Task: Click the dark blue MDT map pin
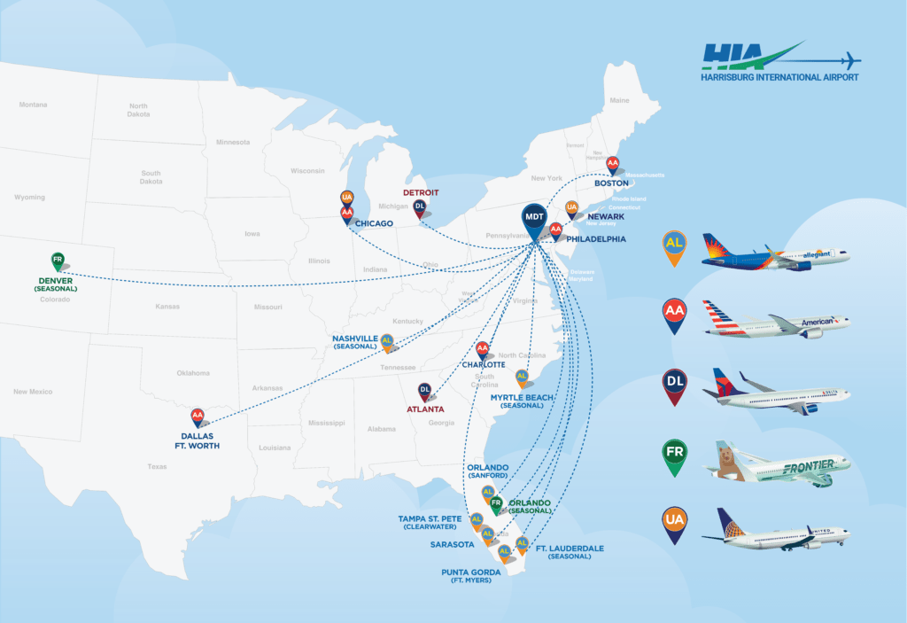534,219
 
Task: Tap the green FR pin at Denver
58,261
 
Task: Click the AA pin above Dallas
198,415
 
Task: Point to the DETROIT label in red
421,191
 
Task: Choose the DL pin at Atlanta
424,390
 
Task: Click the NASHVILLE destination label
355,339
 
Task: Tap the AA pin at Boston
612,164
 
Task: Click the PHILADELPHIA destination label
596,238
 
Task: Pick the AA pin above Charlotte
483,349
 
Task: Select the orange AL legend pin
675,246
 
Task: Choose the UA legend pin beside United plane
675,522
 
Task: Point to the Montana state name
33,105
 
